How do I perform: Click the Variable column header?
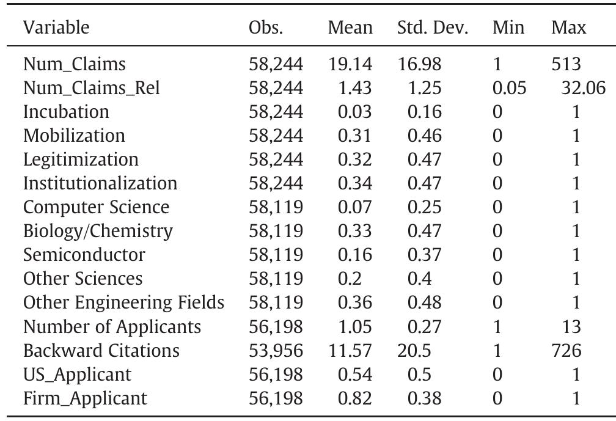[56, 27]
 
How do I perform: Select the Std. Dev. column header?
[432, 27]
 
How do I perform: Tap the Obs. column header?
[266, 27]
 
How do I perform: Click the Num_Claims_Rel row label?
[92, 88]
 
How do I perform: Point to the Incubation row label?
[66, 112]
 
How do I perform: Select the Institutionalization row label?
[100, 183]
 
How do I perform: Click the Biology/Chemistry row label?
[98, 231]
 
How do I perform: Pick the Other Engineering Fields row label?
[123, 302]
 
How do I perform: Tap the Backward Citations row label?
[101, 351]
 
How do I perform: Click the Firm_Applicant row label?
[85, 398]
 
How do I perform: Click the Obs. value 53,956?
[276, 351]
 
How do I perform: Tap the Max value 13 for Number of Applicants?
[571, 327]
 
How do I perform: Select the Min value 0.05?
[509, 88]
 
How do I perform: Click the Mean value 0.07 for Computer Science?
[354, 207]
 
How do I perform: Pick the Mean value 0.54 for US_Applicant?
[354, 375]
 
